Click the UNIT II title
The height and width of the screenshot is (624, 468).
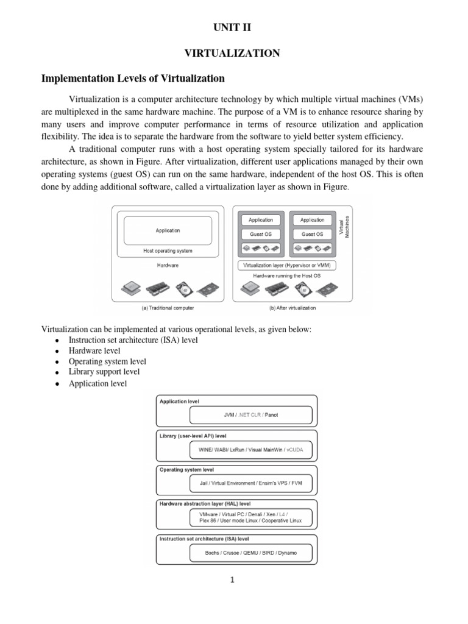[x=232, y=27]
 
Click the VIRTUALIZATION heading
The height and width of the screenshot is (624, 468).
[x=232, y=54]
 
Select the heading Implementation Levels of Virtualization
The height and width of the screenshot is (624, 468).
[x=132, y=79]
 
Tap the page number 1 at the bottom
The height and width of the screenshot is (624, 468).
[x=232, y=580]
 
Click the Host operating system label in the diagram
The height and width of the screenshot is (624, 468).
[x=168, y=250]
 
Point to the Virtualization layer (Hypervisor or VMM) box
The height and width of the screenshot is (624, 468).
[x=289, y=265]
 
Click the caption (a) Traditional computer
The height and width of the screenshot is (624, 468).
[x=168, y=308]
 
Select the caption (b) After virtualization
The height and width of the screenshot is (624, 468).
[x=289, y=308]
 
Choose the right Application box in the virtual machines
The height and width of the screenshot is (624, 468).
[x=312, y=220]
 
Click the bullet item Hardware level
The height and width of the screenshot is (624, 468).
[x=94, y=351]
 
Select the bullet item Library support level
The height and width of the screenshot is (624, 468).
[x=104, y=371]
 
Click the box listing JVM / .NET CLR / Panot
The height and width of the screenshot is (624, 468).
[x=250, y=415]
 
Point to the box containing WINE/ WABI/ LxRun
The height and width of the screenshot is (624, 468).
[x=250, y=450]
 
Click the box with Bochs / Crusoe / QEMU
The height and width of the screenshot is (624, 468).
[x=250, y=553]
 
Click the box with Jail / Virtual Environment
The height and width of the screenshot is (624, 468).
[x=250, y=483]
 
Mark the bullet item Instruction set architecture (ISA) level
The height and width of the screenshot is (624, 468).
[x=133, y=340]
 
